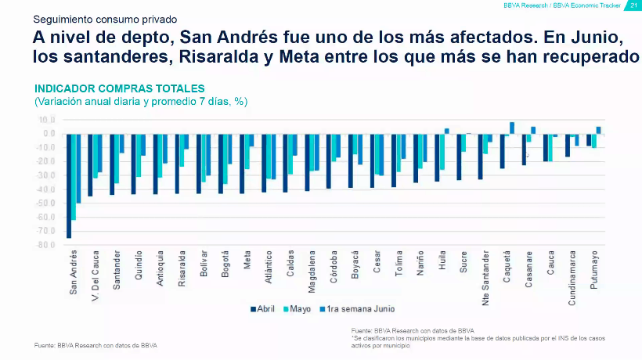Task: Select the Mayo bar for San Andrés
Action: point(74,177)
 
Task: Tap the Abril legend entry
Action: point(265,308)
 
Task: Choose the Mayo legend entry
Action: point(298,308)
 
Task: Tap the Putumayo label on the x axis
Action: point(595,270)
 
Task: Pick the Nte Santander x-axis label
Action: point(486,273)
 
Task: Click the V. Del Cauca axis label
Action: point(95,273)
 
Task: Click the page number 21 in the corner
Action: point(634,5)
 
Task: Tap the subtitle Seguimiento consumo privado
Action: point(106,17)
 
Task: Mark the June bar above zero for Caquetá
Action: point(512,128)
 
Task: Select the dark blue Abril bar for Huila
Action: point(437,157)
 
